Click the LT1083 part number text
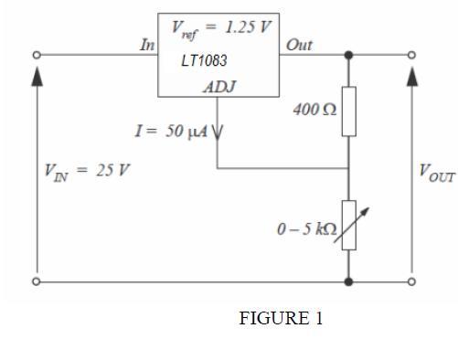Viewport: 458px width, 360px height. point(204,60)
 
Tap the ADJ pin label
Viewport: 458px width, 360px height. point(219,87)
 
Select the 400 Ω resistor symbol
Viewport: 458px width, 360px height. point(349,111)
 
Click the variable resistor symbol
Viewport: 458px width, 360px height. point(349,225)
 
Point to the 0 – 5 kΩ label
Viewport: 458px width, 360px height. point(307,229)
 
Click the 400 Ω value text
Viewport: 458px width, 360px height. point(314,110)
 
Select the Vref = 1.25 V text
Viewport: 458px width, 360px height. point(221,29)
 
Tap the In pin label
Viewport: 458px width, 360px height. point(147,45)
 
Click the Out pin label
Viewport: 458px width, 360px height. point(299,45)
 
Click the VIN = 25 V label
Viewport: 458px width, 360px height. point(87,172)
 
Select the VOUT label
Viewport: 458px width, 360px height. point(437,173)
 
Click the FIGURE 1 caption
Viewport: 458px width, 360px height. point(281,318)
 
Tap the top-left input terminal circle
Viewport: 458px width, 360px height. point(37,55)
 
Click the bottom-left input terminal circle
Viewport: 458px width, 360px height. point(37,281)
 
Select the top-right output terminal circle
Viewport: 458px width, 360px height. point(411,55)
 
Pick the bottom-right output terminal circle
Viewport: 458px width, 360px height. point(411,281)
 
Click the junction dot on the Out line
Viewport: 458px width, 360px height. point(349,55)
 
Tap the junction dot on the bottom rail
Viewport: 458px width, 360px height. point(349,281)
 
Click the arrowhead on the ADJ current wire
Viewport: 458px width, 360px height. point(218,132)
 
